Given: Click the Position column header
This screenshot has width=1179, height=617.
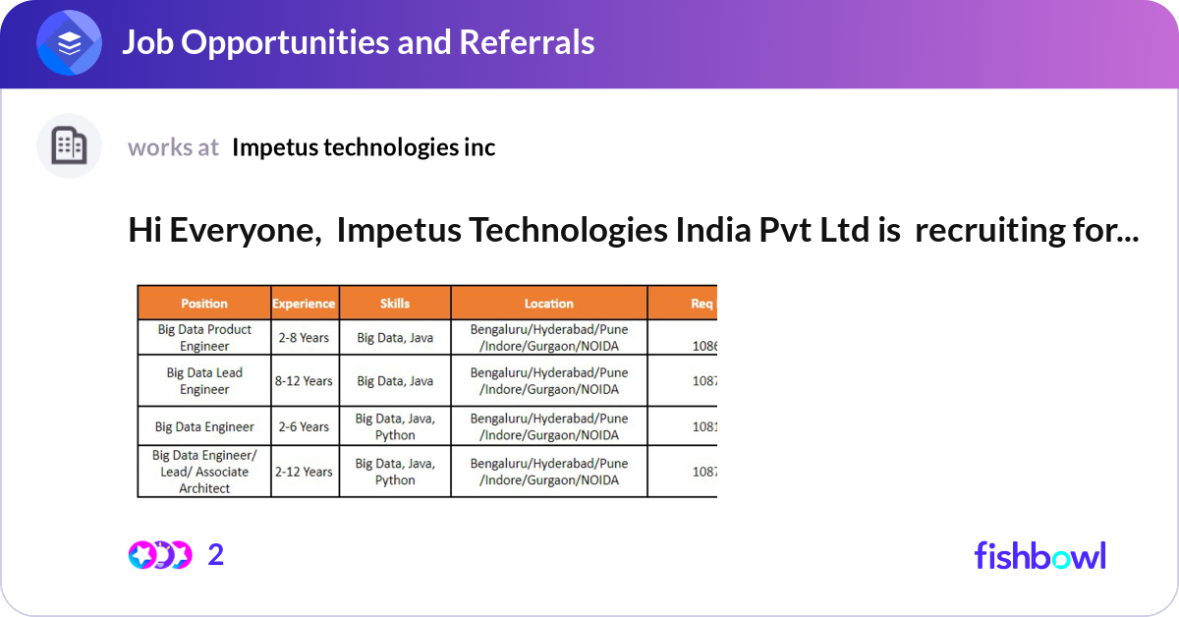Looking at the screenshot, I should (x=204, y=304).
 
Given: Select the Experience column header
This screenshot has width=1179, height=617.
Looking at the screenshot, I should (x=305, y=304).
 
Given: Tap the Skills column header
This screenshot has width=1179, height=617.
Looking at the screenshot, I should (x=395, y=304).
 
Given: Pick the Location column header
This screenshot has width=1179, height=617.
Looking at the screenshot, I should (x=548, y=304).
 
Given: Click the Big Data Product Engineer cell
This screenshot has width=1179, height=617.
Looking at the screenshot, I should (x=204, y=338).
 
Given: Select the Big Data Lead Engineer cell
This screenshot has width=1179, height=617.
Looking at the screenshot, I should (x=204, y=381).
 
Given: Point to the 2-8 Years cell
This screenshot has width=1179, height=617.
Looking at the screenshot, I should (x=305, y=338).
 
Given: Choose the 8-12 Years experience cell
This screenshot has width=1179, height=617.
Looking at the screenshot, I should (x=305, y=381).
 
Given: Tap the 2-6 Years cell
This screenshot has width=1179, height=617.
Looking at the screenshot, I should (x=305, y=426).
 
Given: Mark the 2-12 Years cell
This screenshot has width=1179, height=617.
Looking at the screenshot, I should (x=305, y=472).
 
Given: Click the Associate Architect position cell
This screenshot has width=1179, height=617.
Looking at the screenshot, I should (x=204, y=472).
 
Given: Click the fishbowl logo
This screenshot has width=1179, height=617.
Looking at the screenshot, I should (x=1039, y=555).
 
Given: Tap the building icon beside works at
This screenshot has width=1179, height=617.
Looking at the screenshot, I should (x=69, y=146).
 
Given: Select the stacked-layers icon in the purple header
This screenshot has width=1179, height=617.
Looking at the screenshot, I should (x=70, y=43).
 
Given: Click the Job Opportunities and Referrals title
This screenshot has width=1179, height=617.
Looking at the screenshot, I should (x=358, y=42).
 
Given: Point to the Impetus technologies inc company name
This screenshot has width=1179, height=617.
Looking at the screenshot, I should (x=364, y=147).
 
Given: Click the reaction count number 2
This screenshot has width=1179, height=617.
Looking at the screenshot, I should (x=216, y=555).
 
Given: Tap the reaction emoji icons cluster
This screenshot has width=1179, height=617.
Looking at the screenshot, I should (x=159, y=555).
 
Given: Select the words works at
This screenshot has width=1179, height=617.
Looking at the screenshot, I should (x=173, y=147).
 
